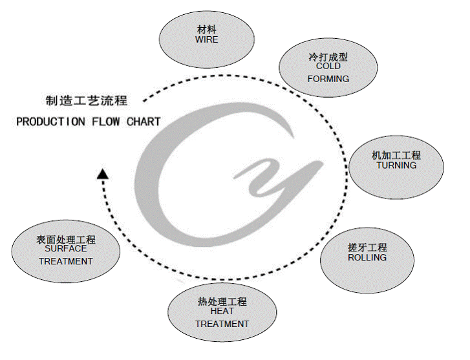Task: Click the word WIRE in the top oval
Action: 207,39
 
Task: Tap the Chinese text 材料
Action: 207,30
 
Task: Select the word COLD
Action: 328,66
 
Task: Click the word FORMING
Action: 328,79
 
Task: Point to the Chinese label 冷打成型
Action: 328,57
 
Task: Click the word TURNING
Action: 396,165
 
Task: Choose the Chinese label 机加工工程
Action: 396,156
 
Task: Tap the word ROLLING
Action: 367,257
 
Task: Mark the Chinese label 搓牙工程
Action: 367,248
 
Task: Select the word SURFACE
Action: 66,249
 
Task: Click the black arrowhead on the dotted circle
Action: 102,173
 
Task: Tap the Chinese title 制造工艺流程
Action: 87,101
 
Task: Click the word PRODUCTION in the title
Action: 50,122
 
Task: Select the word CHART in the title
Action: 144,122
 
